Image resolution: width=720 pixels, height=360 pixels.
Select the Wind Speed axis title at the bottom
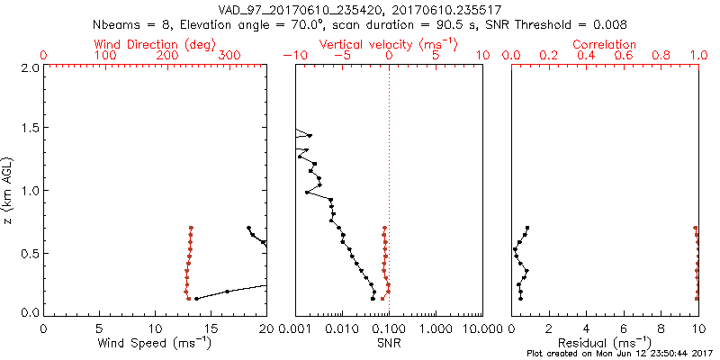[x=155, y=344]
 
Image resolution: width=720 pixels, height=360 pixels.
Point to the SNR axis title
[x=389, y=344]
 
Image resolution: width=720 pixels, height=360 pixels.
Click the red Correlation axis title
[x=605, y=44]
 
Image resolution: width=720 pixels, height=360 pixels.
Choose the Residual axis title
[x=605, y=344]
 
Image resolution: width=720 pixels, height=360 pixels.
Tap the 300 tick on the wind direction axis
[x=229, y=56]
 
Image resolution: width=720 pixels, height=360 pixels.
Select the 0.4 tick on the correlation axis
[x=587, y=56]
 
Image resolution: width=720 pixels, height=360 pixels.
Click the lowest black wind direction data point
[x=196, y=298]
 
